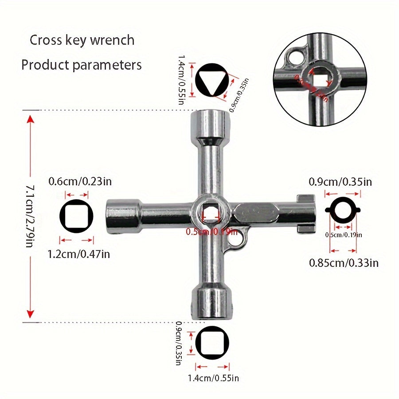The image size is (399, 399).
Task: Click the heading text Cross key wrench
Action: [82, 40]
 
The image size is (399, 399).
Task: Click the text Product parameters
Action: [82, 65]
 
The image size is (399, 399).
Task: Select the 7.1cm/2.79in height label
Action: [29, 216]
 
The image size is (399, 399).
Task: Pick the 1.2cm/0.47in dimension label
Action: [78, 254]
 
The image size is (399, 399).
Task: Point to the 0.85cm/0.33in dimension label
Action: [344, 263]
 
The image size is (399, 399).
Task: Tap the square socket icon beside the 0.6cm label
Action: [76, 216]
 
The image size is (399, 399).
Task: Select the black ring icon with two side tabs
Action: [343, 211]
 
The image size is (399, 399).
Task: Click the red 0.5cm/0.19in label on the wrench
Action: [210, 231]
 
